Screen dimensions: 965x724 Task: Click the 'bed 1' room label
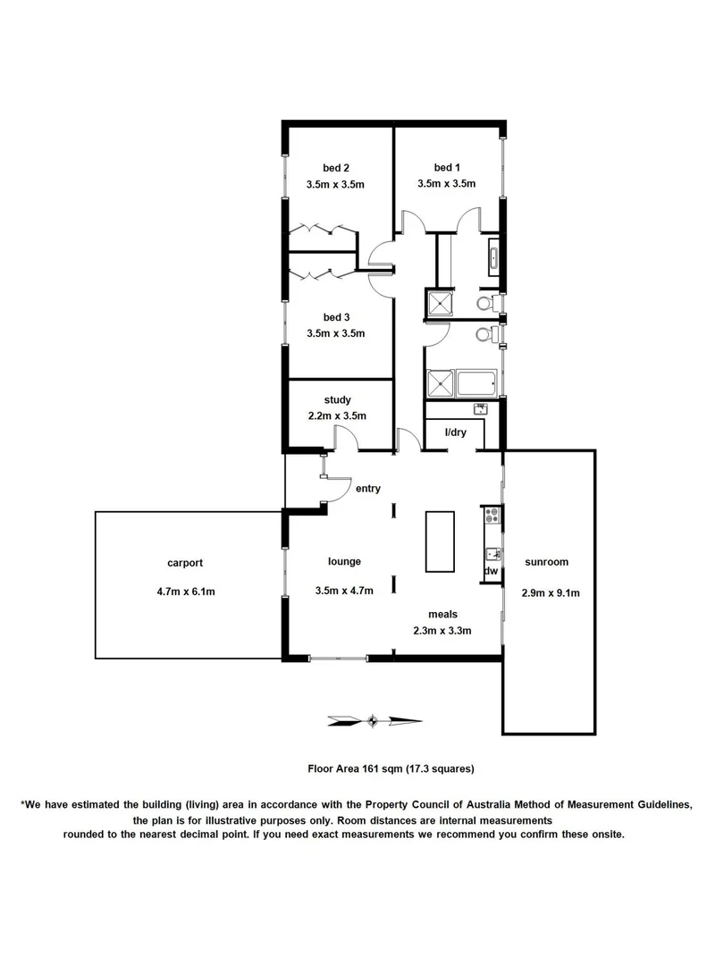pos(446,167)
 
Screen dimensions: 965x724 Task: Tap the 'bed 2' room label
pos(335,167)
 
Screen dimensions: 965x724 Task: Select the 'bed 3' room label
pos(335,316)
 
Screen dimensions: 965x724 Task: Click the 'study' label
pos(337,399)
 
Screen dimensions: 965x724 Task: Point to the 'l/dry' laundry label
pos(456,432)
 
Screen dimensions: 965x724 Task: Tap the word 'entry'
pos(368,488)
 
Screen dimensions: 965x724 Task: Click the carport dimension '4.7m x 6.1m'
pos(185,591)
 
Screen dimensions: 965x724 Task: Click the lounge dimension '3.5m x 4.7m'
pos(344,590)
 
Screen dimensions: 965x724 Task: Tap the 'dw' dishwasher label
pos(491,570)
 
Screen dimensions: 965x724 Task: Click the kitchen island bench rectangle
pos(439,541)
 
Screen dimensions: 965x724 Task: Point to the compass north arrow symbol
pos(374,719)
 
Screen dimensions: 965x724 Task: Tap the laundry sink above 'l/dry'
pos(479,408)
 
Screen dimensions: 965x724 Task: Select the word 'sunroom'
pos(547,562)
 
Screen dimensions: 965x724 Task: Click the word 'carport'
pos(185,563)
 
